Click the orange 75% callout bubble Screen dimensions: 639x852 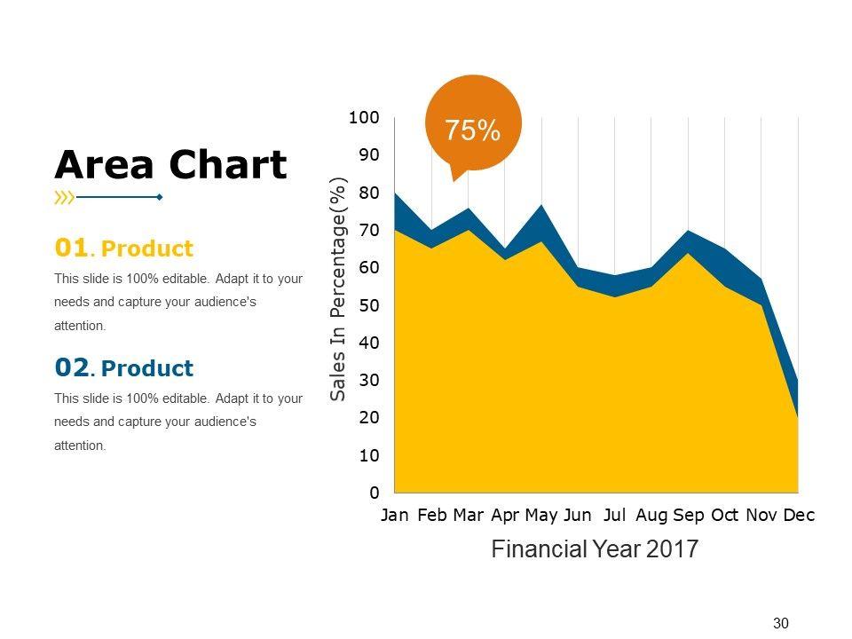tap(473, 125)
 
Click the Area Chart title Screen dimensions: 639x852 tap(171, 165)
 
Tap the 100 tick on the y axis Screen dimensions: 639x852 tap(364, 117)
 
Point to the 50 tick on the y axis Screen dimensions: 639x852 tap(368, 305)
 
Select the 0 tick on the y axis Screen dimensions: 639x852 tap(374, 493)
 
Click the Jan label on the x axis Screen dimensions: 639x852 tap(395, 516)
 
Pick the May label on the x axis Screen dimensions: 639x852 tap(541, 516)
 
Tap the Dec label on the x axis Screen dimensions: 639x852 tap(799, 516)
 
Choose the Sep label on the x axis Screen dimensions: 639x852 tap(689, 516)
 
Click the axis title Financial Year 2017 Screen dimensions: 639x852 tap(595, 549)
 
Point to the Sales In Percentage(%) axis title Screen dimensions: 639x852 tap(338, 289)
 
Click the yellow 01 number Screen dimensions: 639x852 tap(71, 248)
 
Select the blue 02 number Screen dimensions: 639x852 tap(71, 367)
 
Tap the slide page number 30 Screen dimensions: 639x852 tap(781, 623)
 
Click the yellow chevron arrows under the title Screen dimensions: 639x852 tap(64, 197)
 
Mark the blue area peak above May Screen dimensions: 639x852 tap(541, 207)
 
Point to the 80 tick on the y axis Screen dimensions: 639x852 tap(368, 193)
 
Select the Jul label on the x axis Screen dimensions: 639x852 tap(615, 516)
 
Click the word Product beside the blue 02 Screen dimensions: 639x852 tap(154, 368)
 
